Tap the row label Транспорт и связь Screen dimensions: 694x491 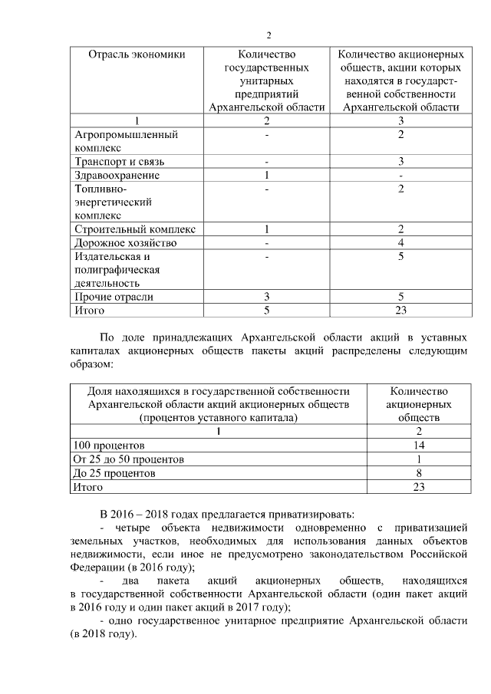point(119,162)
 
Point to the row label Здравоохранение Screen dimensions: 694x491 point(117,175)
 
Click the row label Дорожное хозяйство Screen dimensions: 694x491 point(125,242)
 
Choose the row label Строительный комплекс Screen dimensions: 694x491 point(134,229)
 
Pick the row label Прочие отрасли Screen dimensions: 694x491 point(113,297)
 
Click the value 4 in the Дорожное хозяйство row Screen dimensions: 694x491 point(400,242)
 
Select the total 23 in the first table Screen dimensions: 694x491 point(400,310)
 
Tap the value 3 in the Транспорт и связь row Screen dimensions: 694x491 point(400,162)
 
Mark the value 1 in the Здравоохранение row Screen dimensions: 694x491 point(265,175)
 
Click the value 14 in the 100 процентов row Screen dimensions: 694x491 point(419,445)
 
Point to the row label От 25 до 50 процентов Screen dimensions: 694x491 point(128,459)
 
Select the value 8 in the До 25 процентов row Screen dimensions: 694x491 point(419,473)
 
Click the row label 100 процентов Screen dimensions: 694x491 point(108,445)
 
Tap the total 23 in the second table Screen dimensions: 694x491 point(419,487)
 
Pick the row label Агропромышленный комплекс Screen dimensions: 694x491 point(125,141)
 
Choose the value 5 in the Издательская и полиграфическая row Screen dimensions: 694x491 point(400,256)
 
